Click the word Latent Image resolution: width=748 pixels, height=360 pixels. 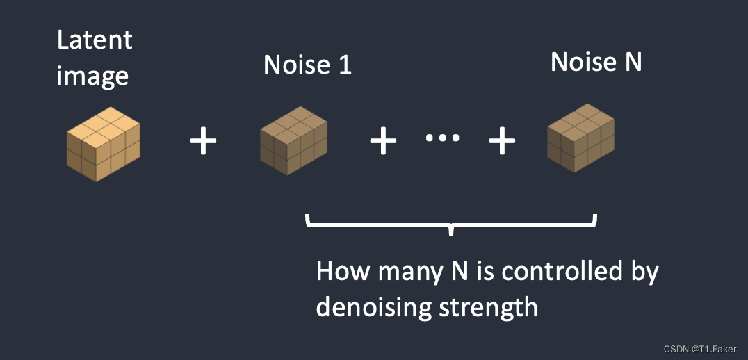coord(94,41)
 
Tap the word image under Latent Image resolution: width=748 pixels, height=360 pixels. coord(92,76)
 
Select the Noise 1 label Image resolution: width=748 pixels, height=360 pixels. coord(307,65)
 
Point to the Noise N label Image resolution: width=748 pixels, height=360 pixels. coord(596,63)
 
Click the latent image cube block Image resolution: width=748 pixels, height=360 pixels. coord(104,145)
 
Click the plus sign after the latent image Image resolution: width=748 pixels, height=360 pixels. coord(204,142)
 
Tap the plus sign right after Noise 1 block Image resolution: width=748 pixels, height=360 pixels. coord(382,142)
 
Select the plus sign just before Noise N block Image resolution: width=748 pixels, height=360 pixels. coord(502,142)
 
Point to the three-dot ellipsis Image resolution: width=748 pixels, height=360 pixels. coord(442,138)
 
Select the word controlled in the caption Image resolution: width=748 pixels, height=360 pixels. coord(562,271)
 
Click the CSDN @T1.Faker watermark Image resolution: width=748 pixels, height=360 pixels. coord(699,349)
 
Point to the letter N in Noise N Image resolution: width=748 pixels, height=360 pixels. coord(632,63)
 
